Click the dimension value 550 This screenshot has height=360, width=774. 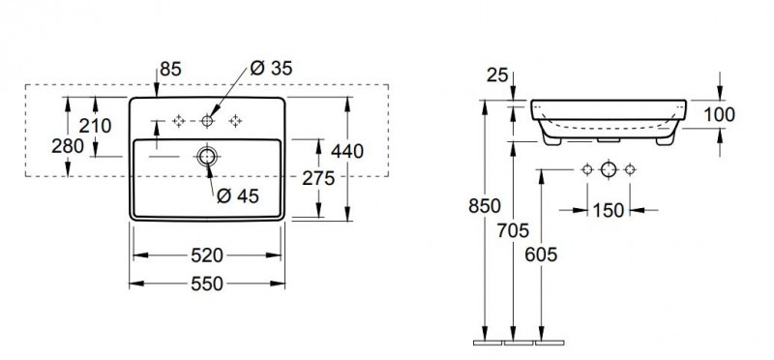[x=207, y=284]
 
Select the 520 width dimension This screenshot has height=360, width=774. [x=207, y=255]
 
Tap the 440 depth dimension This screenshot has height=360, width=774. [x=347, y=151]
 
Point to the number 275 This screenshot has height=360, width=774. [x=318, y=178]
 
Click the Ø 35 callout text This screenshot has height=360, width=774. [x=271, y=68]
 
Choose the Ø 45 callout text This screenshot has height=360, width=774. [x=238, y=196]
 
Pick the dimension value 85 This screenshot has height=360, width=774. [x=171, y=69]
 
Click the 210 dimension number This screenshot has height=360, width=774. [x=95, y=126]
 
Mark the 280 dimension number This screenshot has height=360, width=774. [x=68, y=146]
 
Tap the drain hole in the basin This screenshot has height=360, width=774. [x=207, y=157]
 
